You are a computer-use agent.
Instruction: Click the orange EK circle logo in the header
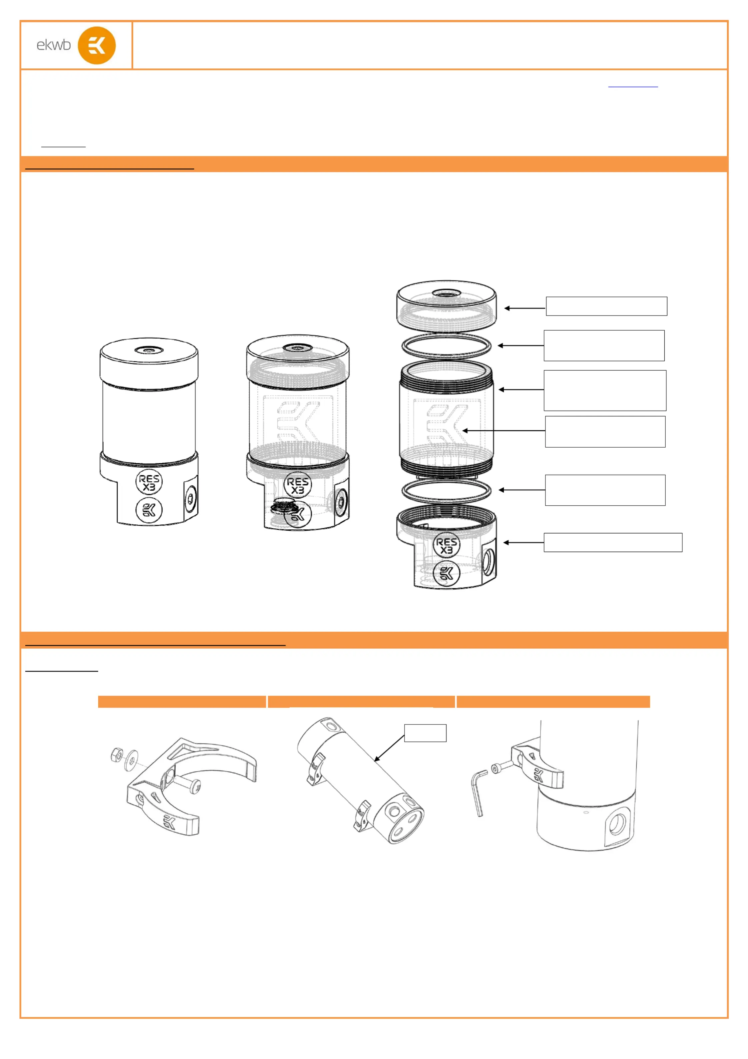[97, 45]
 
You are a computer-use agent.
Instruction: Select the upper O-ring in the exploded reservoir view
[446, 346]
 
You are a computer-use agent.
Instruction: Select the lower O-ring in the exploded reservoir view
[446, 490]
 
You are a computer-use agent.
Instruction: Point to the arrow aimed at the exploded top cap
[525, 308]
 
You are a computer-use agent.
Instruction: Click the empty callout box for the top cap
[606, 306]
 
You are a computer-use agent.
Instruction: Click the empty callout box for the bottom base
[613, 542]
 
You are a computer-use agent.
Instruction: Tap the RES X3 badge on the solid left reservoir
[149, 482]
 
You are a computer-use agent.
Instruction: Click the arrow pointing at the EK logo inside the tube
[504, 430]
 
